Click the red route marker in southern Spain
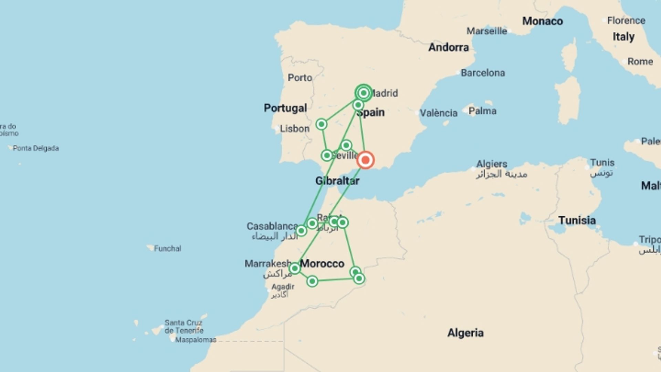pyautogui.click(x=365, y=160)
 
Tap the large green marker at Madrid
pyautogui.click(x=364, y=93)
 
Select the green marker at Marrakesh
pyautogui.click(x=295, y=268)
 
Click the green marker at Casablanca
pyautogui.click(x=301, y=231)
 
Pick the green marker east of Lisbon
pyautogui.click(x=321, y=124)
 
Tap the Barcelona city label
pyautogui.click(x=483, y=73)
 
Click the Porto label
pyautogui.click(x=300, y=78)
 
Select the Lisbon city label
pyautogui.click(x=294, y=129)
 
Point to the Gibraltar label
pyautogui.click(x=337, y=181)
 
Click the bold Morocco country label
pyautogui.click(x=322, y=264)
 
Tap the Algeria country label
pyautogui.click(x=465, y=333)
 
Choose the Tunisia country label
pyautogui.click(x=577, y=220)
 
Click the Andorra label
pyautogui.click(x=448, y=47)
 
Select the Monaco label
pyautogui.click(x=543, y=21)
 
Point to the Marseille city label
pyautogui.click(x=487, y=31)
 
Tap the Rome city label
pyautogui.click(x=640, y=62)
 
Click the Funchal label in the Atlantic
pyautogui.click(x=167, y=249)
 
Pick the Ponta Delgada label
pyautogui.click(x=36, y=148)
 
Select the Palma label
pyautogui.click(x=482, y=111)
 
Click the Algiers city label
pyautogui.click(x=492, y=164)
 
